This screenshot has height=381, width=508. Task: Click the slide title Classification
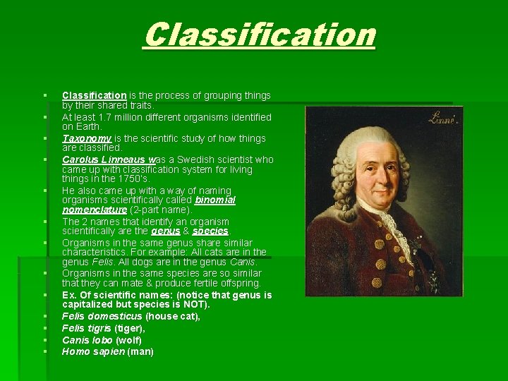tap(260, 35)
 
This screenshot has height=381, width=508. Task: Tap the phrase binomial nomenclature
tap(148, 205)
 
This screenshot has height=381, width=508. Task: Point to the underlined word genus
tap(165, 231)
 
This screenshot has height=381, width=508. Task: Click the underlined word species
tap(210, 231)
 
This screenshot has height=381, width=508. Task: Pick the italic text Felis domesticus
tap(102, 316)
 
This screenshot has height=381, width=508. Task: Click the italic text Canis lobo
tap(87, 340)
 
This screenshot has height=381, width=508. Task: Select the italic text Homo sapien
tap(93, 351)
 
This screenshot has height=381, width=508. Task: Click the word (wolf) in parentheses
tap(128, 340)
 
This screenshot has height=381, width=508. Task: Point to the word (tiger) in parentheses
tap(133, 328)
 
